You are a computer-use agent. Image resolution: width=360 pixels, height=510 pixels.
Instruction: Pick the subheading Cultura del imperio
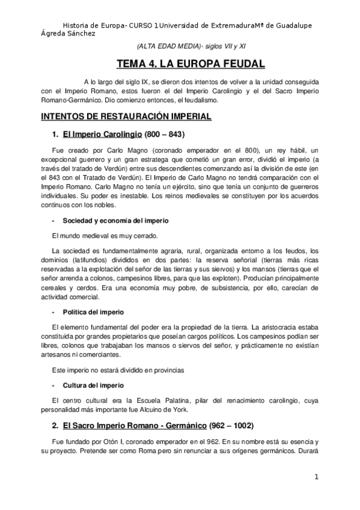pos(88,385)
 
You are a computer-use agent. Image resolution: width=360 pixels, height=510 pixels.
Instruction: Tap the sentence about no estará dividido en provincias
pos(117,369)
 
